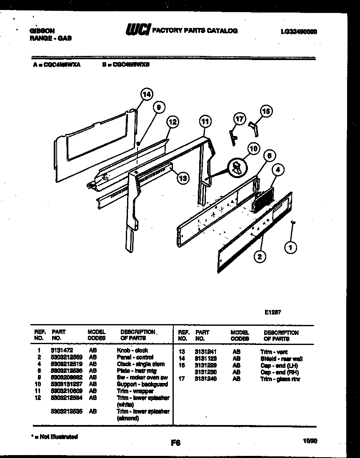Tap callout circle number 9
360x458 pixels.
point(157,107)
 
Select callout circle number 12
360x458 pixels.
point(172,122)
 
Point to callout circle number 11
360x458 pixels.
point(204,122)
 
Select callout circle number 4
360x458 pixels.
point(278,170)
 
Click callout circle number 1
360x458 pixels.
point(291,248)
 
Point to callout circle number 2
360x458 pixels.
point(259,257)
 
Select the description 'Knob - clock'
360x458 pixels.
point(132,351)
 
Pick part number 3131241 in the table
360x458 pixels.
point(205,352)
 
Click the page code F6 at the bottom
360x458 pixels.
point(175,443)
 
